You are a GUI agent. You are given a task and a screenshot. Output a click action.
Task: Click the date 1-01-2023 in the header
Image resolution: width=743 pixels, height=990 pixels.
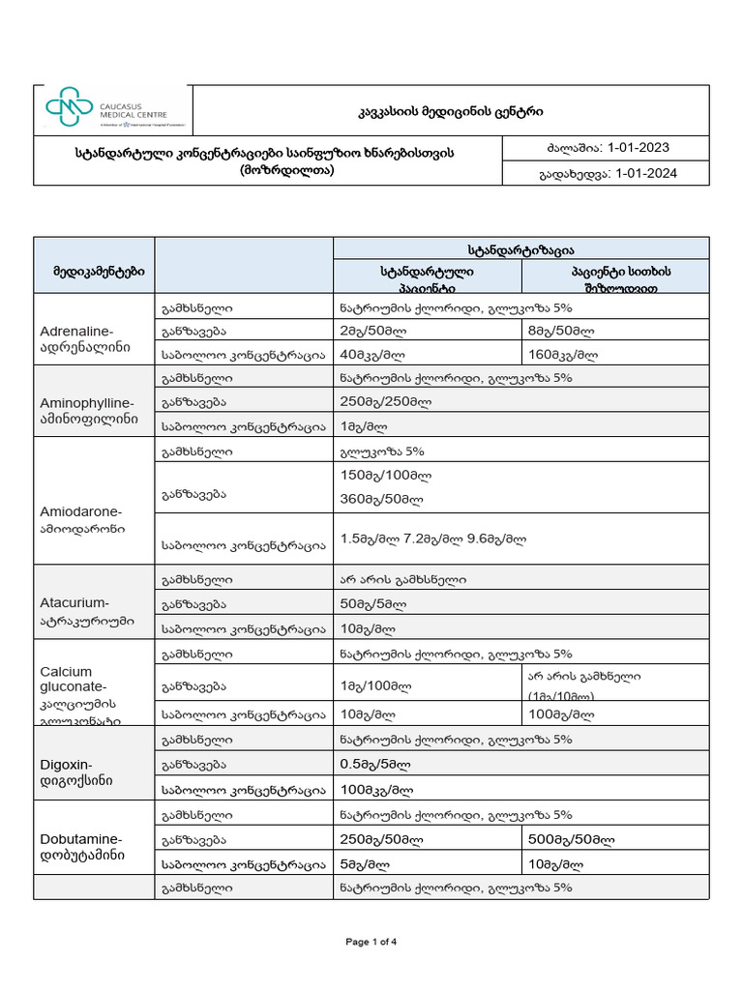coord(636,148)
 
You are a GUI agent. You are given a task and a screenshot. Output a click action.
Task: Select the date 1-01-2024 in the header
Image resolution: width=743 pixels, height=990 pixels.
coord(645,173)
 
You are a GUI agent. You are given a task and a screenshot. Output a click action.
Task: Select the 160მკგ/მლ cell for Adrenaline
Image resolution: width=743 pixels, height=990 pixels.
coord(569,354)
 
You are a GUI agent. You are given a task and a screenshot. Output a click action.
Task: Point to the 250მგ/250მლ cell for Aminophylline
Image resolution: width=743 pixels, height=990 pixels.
coord(386,402)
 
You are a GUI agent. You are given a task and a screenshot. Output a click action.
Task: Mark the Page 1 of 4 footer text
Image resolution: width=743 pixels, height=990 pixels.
coord(371,942)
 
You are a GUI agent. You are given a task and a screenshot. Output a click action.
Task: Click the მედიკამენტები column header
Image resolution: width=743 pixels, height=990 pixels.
coord(93,273)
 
